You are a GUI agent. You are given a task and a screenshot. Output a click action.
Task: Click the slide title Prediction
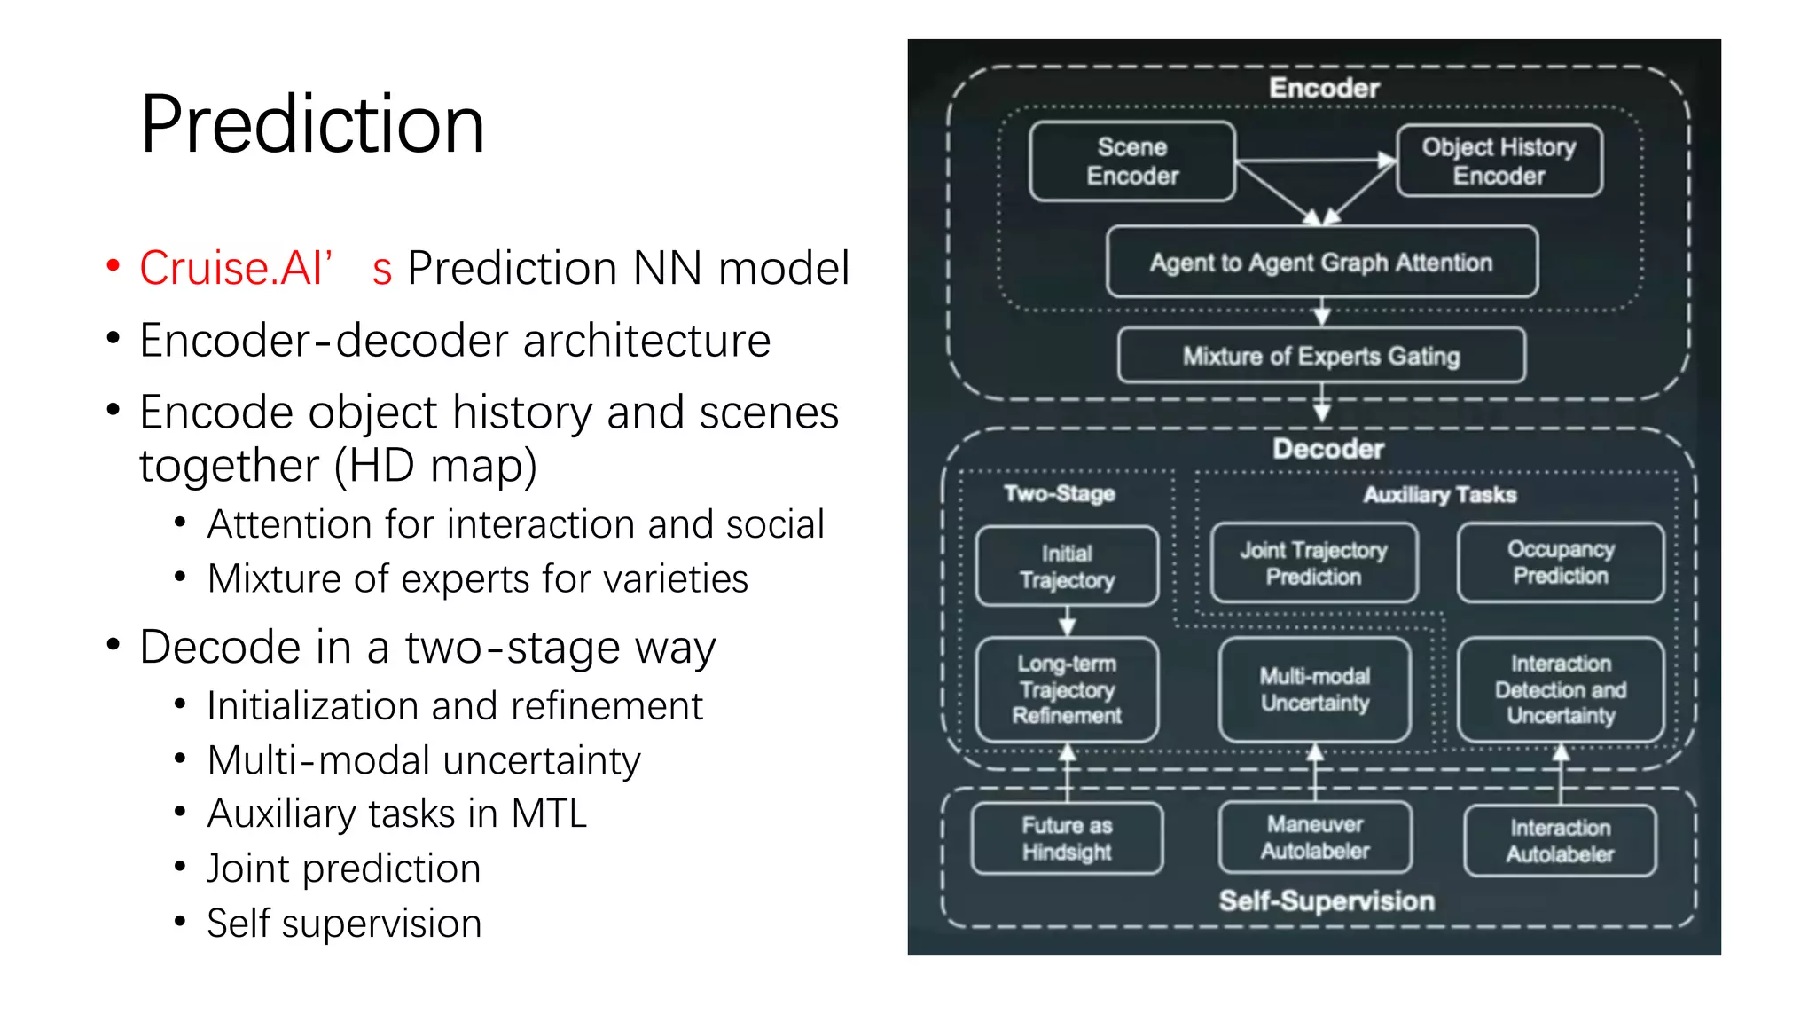(312, 124)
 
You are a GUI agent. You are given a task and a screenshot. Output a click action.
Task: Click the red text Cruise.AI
(235, 268)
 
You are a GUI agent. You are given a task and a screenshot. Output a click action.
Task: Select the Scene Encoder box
(1132, 161)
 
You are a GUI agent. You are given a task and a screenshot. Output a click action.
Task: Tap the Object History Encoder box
(1499, 161)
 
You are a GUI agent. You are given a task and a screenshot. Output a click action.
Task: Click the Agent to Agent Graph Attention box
(1321, 263)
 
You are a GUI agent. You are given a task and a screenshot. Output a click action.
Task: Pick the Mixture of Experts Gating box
(1321, 356)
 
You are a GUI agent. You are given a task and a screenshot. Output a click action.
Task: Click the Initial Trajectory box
(1067, 566)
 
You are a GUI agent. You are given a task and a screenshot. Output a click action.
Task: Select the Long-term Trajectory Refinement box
(1067, 689)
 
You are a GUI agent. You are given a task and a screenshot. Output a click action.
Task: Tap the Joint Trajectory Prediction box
(1313, 563)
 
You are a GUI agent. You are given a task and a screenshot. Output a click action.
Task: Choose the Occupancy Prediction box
(1561, 562)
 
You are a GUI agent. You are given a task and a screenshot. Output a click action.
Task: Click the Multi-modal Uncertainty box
(1315, 689)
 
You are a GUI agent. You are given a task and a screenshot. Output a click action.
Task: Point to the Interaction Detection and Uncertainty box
(1561, 689)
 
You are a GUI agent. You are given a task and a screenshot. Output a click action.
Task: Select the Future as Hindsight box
(1067, 838)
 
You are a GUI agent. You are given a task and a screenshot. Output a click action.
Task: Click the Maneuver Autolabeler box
(1315, 837)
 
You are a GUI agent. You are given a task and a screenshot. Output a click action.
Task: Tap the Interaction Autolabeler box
(1561, 840)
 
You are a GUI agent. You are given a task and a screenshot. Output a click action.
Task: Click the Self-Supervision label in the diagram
(1327, 900)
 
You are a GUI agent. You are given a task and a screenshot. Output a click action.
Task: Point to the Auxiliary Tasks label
(1439, 494)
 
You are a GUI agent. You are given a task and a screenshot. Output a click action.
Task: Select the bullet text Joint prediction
(343, 869)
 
